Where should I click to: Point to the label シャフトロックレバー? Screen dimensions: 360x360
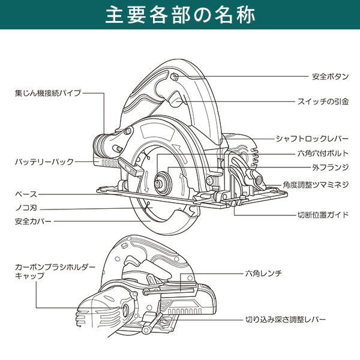312,139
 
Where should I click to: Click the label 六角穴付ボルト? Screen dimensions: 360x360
322,154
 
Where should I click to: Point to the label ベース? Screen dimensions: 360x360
26,194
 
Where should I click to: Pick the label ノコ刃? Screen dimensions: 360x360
26,208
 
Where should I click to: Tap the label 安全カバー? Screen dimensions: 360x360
32,221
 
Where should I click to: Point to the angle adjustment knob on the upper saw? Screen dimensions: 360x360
256,178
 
